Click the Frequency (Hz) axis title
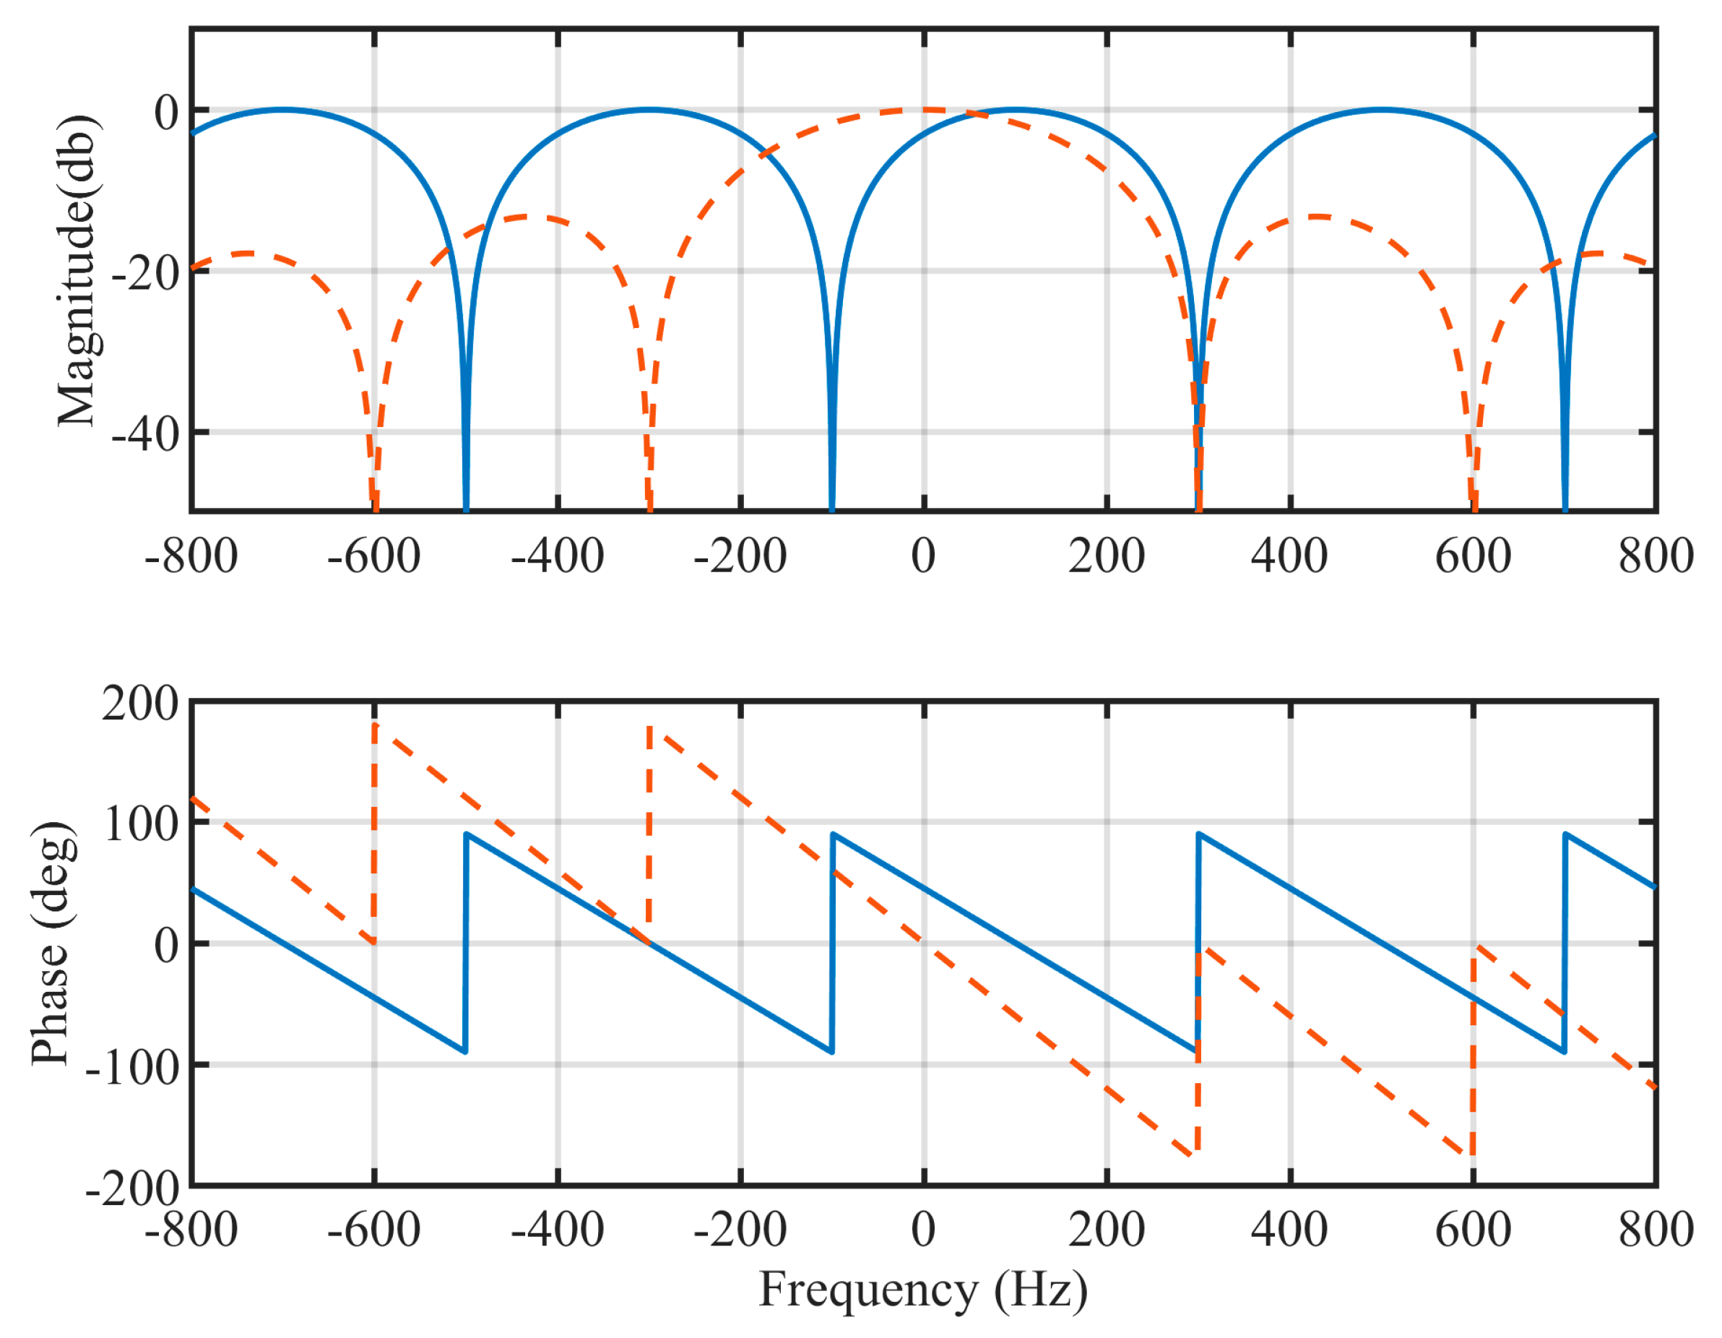(x=922, y=1291)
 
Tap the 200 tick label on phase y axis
(x=140, y=703)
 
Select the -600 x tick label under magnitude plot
(x=373, y=556)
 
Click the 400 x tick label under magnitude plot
(x=1289, y=556)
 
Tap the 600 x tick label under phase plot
(x=1472, y=1230)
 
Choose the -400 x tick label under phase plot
(x=557, y=1230)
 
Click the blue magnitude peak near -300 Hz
(x=648, y=110)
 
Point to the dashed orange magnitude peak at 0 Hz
(x=923, y=110)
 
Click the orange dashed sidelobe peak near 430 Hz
(x=1317, y=216)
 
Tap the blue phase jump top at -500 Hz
(x=467, y=834)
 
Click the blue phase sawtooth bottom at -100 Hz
(x=831, y=1051)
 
